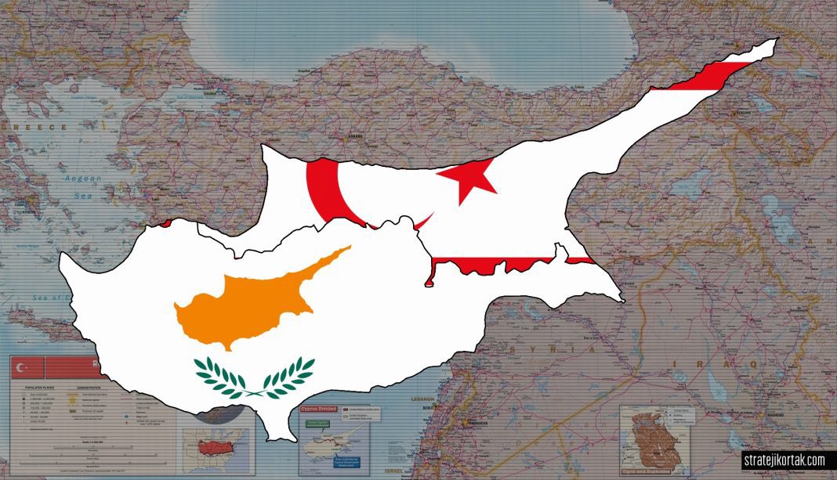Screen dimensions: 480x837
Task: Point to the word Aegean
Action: pos(82,179)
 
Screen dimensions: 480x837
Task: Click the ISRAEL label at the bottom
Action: pos(415,471)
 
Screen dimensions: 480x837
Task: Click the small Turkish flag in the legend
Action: pos(27,366)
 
